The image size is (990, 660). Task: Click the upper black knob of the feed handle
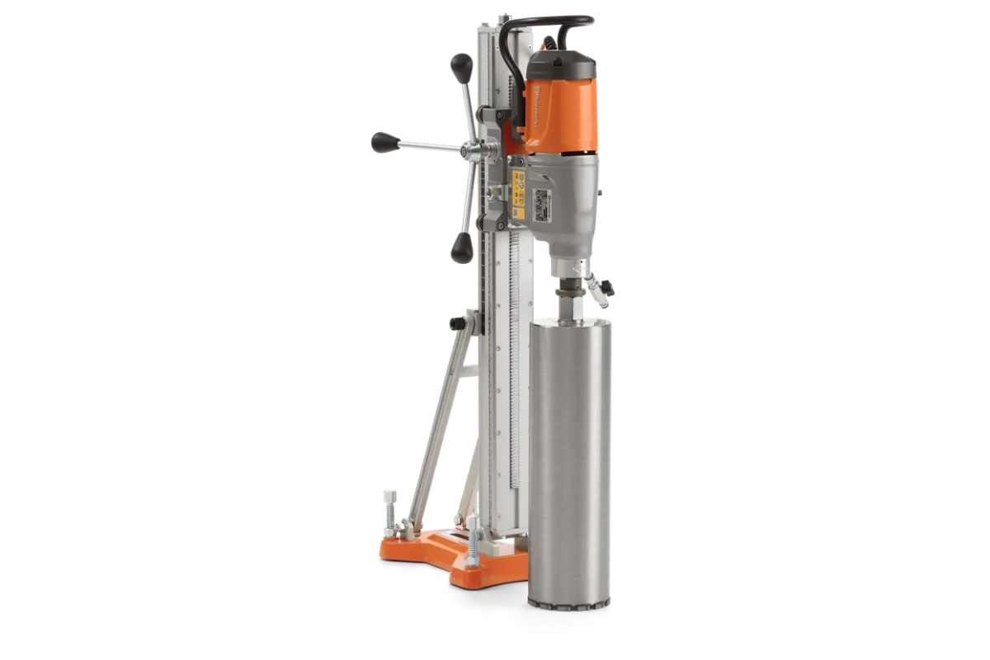[x=460, y=64]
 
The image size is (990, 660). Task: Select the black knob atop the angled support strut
[x=455, y=322]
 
